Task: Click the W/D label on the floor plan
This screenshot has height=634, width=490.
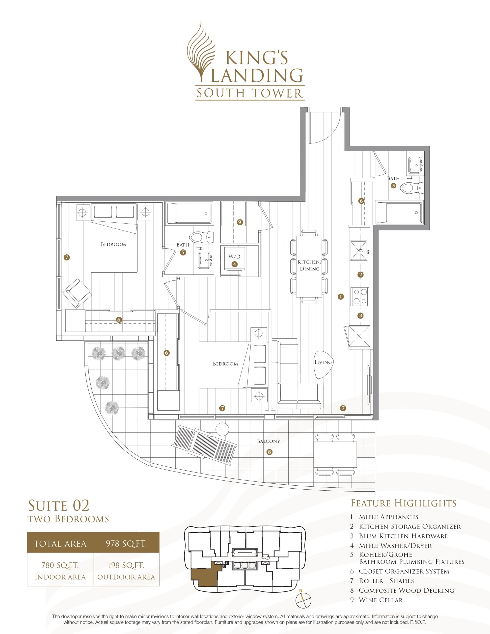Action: point(234,257)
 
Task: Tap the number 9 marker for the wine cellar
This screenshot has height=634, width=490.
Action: point(240,222)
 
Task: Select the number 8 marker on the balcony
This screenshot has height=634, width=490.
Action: point(270,452)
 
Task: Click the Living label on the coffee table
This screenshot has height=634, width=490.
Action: point(323,362)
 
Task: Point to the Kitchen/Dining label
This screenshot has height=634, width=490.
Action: point(310,265)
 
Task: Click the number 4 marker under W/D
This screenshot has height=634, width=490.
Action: point(234,264)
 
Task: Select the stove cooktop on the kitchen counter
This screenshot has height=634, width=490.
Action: point(360,296)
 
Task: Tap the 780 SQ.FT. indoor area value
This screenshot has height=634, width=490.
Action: point(60,565)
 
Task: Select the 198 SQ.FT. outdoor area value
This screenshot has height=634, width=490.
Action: point(126,565)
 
